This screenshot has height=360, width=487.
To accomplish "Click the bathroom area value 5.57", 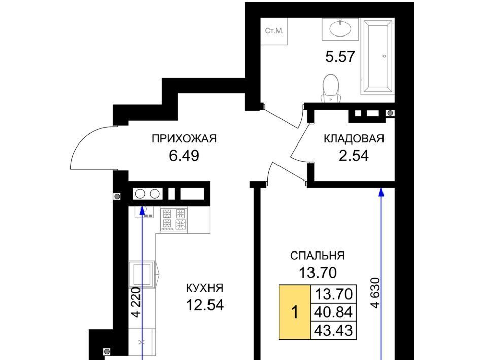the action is click(340, 57).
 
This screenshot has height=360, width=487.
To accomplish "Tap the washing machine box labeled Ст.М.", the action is click(274, 31).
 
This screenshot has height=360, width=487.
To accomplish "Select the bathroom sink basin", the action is click(340, 29).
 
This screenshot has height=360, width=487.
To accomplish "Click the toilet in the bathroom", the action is click(331, 88).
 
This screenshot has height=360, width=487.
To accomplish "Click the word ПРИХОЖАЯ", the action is click(184, 139).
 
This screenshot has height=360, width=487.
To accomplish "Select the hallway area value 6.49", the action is click(184, 156).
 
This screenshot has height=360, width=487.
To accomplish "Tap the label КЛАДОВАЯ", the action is click(354, 139).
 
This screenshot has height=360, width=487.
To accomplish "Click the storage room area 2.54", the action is click(354, 156).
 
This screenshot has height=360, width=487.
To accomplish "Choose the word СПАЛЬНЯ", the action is click(318, 256).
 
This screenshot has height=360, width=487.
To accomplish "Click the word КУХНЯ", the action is click(204, 288).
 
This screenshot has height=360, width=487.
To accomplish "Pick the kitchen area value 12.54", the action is click(204, 305).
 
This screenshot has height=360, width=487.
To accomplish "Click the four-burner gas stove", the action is click(174, 220).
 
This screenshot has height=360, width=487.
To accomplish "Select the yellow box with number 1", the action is click(295, 312).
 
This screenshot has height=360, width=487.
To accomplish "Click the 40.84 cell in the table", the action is click(334, 312).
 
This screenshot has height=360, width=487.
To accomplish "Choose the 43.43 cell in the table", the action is click(334, 330).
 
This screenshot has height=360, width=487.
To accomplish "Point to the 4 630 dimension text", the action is click(375, 293).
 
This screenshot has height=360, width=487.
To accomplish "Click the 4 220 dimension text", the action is click(136, 302).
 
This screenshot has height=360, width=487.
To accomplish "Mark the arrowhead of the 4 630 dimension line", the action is click(381, 192).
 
